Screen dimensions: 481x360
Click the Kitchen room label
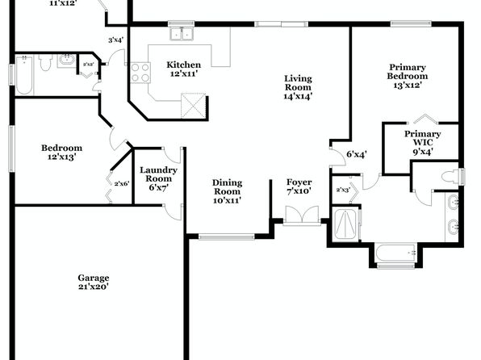184,65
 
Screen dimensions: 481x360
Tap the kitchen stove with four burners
140,73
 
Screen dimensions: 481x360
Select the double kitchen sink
182,33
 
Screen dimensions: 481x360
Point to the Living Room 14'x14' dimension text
298,96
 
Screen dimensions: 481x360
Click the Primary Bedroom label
408,72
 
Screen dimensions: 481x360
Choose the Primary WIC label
422,138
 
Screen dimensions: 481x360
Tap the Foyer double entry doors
302,214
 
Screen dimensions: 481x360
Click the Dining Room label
228,187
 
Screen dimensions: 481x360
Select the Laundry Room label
159,174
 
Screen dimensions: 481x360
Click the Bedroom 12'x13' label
61,153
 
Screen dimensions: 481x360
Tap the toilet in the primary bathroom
450,177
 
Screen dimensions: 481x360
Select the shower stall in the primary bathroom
345,224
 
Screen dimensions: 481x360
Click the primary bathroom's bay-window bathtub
396,253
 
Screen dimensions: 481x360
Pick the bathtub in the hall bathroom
24,75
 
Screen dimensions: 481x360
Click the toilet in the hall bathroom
45,62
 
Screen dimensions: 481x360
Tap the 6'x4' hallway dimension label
357,154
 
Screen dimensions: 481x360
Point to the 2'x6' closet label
122,184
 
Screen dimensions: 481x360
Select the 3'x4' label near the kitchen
115,40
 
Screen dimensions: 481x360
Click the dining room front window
227,237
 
